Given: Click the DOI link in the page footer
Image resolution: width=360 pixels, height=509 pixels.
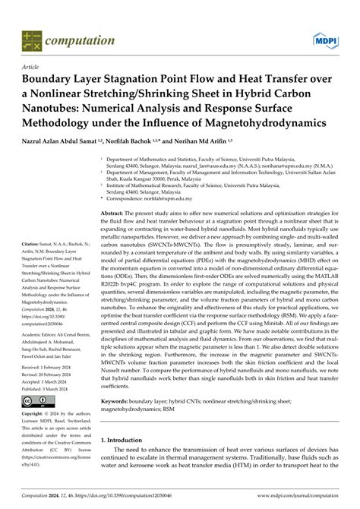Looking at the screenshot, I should click(134, 497).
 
